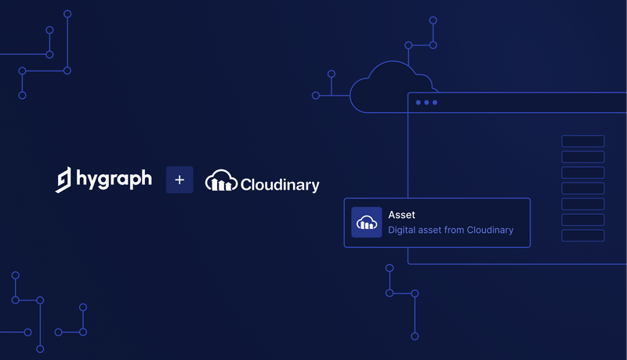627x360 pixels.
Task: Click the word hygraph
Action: coord(114,180)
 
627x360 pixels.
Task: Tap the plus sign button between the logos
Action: coord(179,180)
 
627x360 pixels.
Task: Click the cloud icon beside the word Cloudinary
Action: coord(221,181)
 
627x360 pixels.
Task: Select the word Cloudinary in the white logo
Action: coord(280,185)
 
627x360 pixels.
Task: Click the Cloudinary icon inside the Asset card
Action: coord(366,222)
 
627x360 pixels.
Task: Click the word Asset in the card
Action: coord(401,214)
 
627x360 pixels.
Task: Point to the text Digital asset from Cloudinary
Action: coord(451,231)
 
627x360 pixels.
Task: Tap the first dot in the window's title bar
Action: coord(419,103)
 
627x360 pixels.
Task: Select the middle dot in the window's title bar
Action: coord(427,103)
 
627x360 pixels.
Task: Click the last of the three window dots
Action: coord(436,103)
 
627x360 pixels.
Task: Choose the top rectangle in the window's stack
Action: coord(582,141)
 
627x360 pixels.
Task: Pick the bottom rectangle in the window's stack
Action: coord(582,235)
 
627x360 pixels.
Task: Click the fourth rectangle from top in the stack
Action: coord(582,188)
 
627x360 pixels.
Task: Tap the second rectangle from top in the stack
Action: coord(582,157)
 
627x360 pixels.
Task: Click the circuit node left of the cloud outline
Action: coord(316,96)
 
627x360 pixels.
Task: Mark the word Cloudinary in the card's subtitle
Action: coord(490,231)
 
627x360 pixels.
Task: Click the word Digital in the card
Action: coord(403,231)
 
